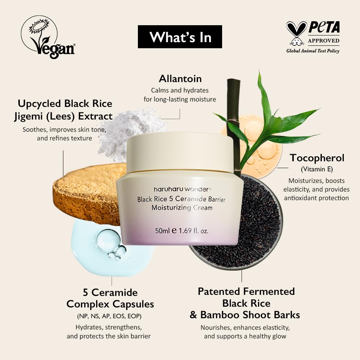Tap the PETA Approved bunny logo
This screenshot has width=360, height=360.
[x=297, y=33]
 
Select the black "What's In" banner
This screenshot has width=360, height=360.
[x=180, y=37]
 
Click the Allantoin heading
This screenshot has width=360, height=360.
[x=180, y=78]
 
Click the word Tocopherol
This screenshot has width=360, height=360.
[x=317, y=158]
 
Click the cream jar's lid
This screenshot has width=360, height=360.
[x=180, y=151]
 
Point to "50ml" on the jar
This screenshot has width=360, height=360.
[x=162, y=231]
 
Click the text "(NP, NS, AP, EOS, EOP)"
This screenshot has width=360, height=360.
[x=109, y=316]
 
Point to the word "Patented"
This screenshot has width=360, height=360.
[x=220, y=291]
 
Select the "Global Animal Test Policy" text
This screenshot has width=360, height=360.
[x=312, y=51]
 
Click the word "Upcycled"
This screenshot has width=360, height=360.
[x=39, y=104]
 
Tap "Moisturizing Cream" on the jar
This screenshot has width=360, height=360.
[x=182, y=208]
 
